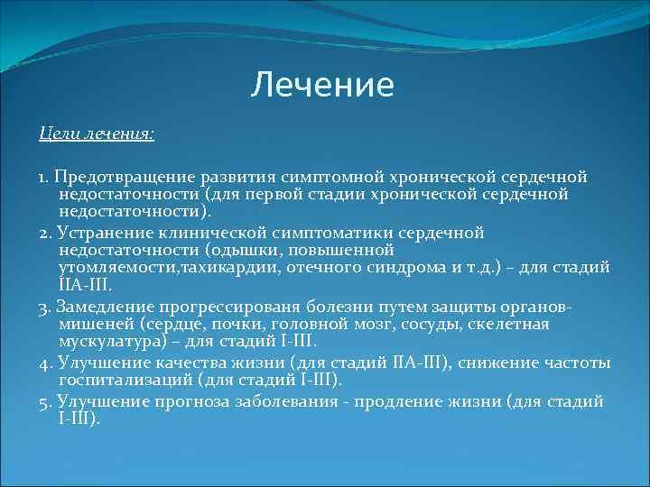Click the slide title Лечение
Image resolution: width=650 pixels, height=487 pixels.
pos(322,85)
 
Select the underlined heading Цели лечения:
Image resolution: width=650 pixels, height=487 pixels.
pos(97,133)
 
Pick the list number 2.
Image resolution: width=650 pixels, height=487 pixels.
pos(43,233)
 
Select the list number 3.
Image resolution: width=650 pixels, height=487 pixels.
pos(43,307)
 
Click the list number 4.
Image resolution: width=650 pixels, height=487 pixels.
pos(43,363)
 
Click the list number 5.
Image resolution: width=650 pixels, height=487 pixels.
pos(43,401)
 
